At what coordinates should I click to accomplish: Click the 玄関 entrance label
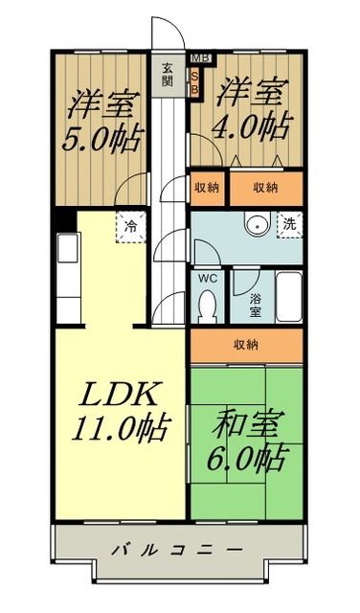click(169, 74)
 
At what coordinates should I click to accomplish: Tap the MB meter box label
click(196, 59)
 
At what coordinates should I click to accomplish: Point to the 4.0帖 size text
click(252, 125)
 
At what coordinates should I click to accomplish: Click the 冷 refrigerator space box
click(129, 227)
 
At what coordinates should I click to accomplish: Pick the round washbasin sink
click(256, 226)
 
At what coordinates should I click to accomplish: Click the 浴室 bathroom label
click(256, 305)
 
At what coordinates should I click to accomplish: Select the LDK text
click(112, 394)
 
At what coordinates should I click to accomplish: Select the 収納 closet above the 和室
click(248, 345)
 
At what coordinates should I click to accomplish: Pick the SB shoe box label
click(195, 83)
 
